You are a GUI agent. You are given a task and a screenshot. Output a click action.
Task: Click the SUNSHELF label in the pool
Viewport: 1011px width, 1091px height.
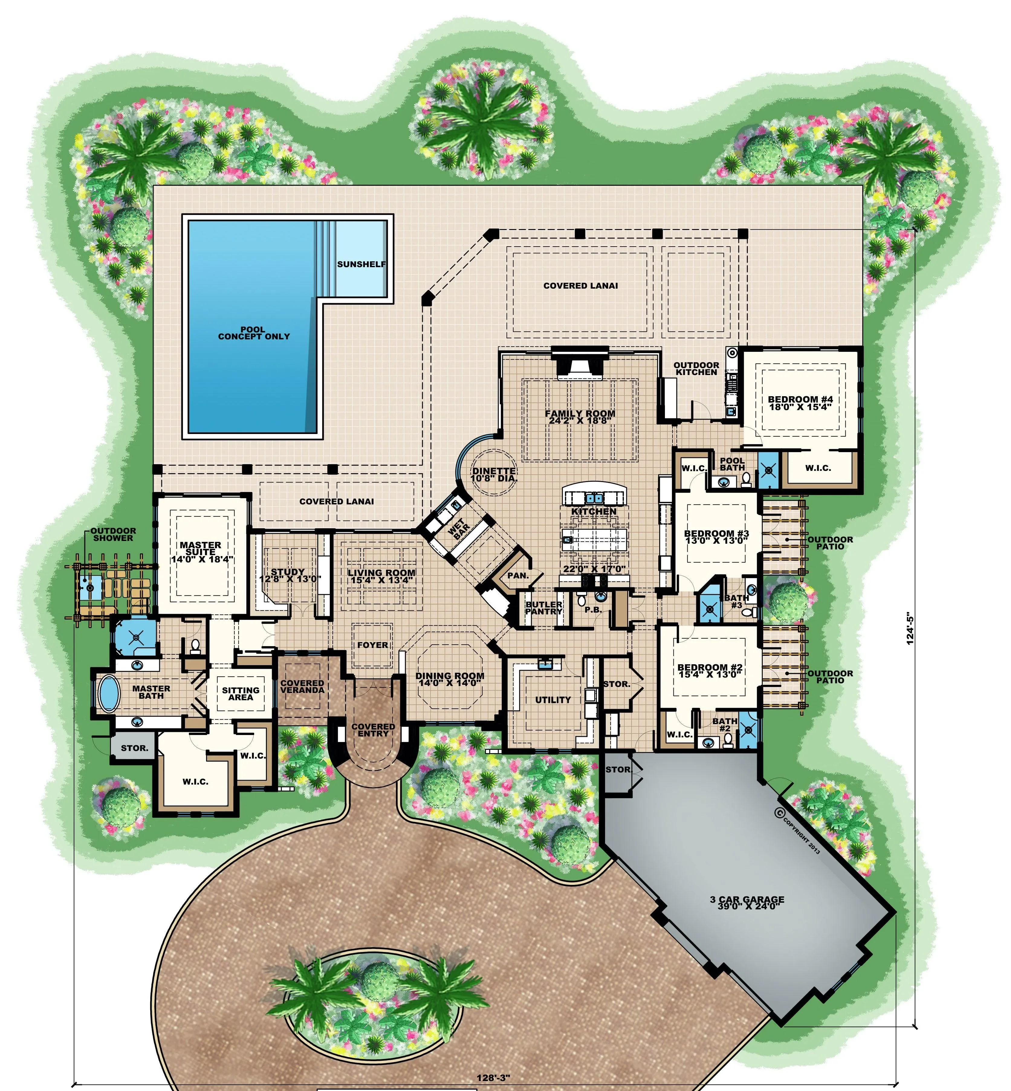pos(361,264)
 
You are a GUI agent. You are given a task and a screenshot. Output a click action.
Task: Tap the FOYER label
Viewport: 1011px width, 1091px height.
pos(373,645)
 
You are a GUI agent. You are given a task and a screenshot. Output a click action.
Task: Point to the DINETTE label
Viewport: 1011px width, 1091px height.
pos(494,471)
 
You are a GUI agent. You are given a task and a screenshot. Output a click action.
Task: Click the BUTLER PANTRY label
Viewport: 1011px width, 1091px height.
pos(544,608)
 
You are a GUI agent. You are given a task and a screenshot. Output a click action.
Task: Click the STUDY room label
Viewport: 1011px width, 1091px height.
pos(288,572)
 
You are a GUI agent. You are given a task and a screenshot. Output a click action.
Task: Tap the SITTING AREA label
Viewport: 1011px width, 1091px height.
pos(241,694)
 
